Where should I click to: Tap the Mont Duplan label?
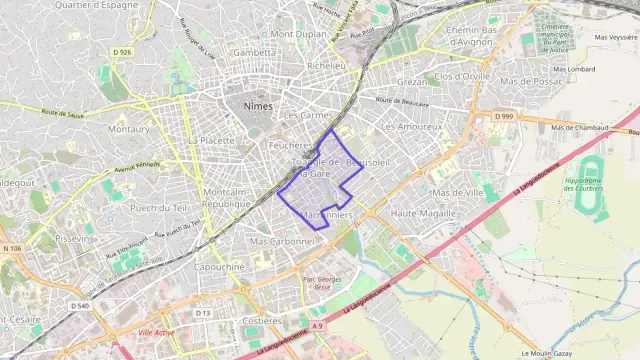298,33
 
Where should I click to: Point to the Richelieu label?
326,66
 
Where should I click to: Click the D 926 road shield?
123,51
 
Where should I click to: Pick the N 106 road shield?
12,248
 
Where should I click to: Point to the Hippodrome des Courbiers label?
595,186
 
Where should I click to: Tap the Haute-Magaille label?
423,213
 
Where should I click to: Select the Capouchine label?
219,267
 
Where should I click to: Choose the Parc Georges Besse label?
322,282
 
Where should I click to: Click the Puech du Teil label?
159,207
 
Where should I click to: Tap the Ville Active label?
156,331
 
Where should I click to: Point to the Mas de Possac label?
532,81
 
